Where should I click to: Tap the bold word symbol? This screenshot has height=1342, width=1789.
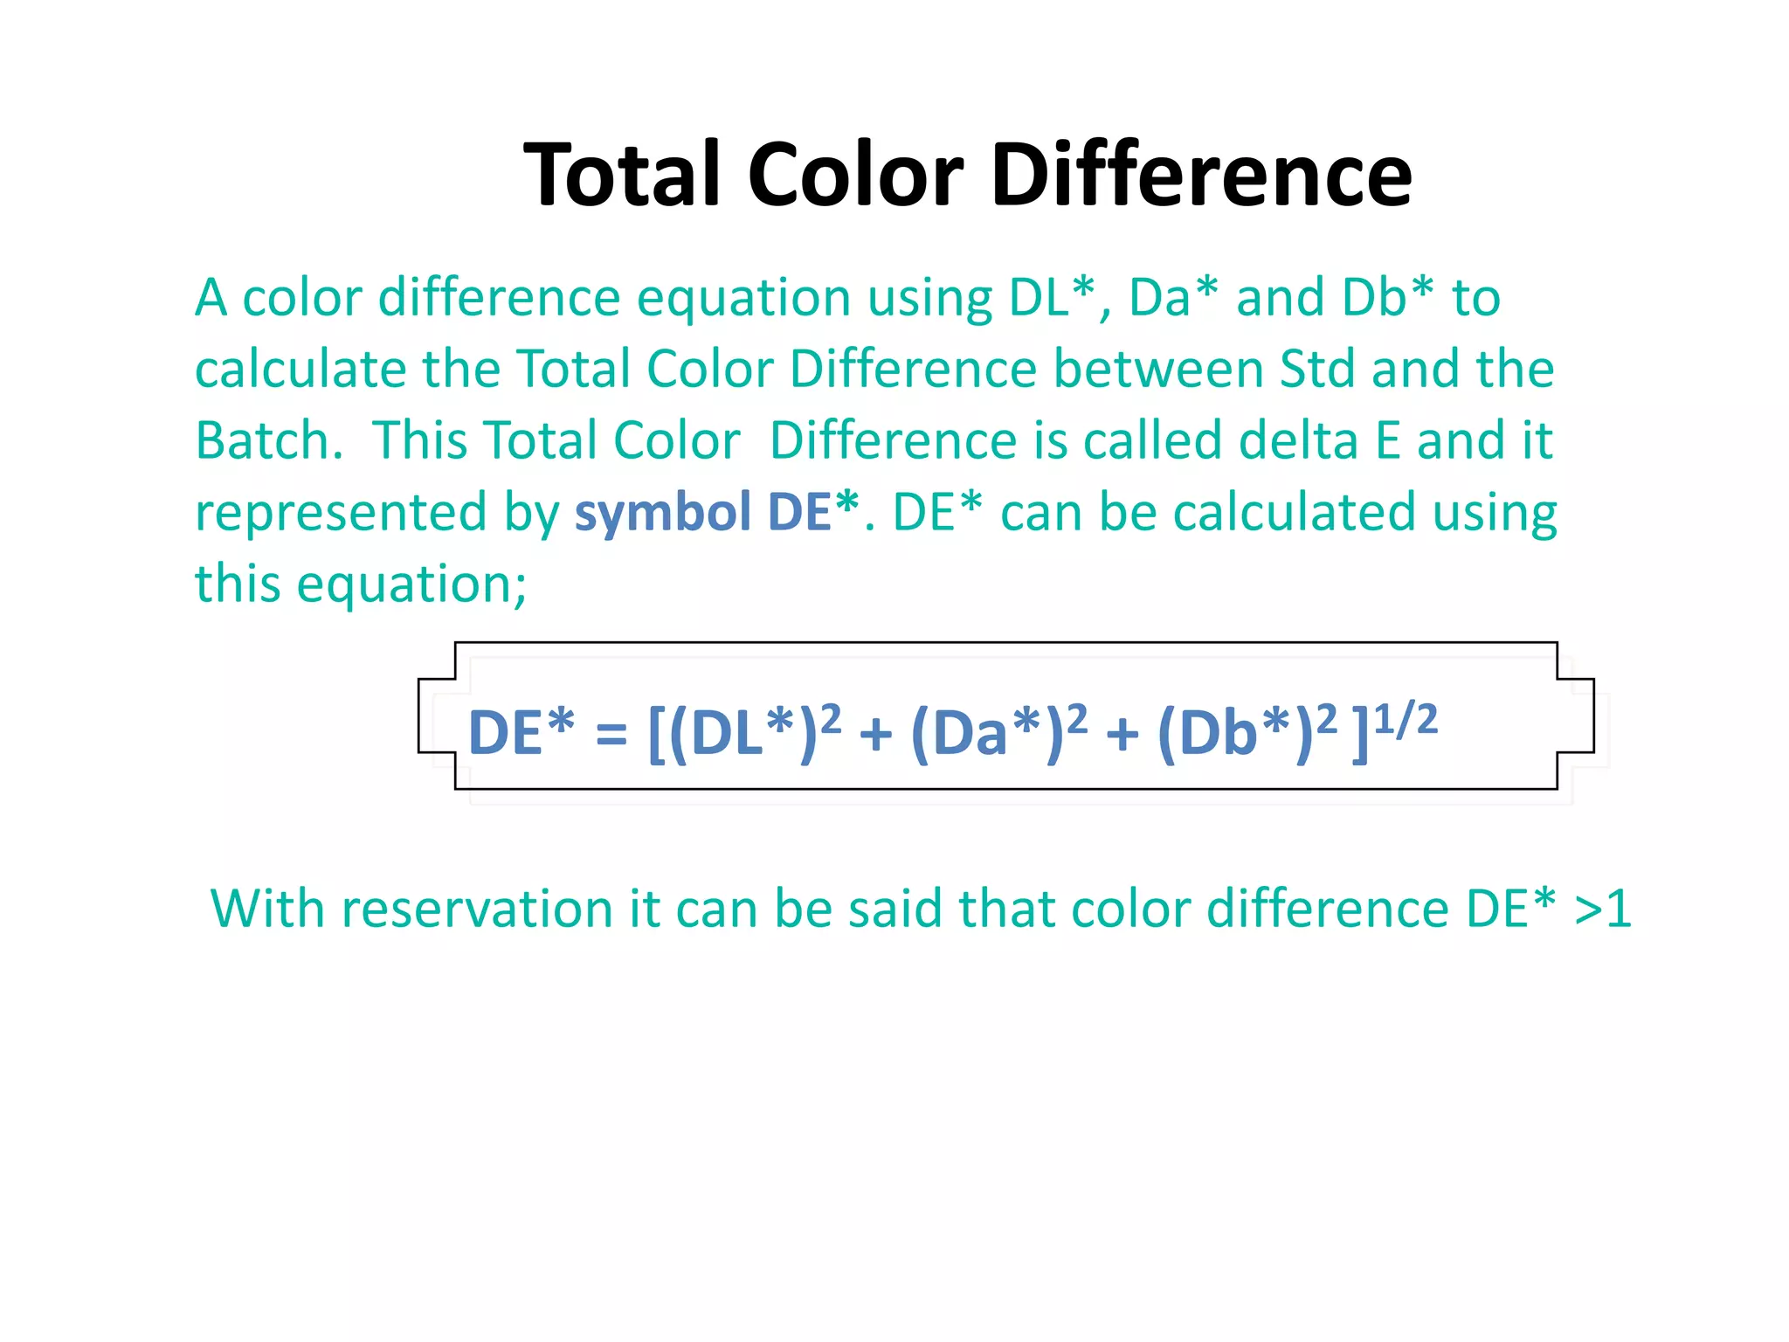point(662,513)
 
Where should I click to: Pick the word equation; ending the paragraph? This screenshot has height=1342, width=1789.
point(411,585)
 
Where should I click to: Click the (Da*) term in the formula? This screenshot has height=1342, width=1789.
point(987,732)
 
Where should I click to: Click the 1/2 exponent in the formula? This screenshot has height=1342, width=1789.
point(1405,720)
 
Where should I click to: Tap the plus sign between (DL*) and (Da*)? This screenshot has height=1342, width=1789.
point(875,734)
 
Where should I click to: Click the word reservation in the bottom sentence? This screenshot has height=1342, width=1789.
point(477,909)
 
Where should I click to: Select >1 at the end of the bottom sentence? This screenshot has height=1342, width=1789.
point(1602,909)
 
